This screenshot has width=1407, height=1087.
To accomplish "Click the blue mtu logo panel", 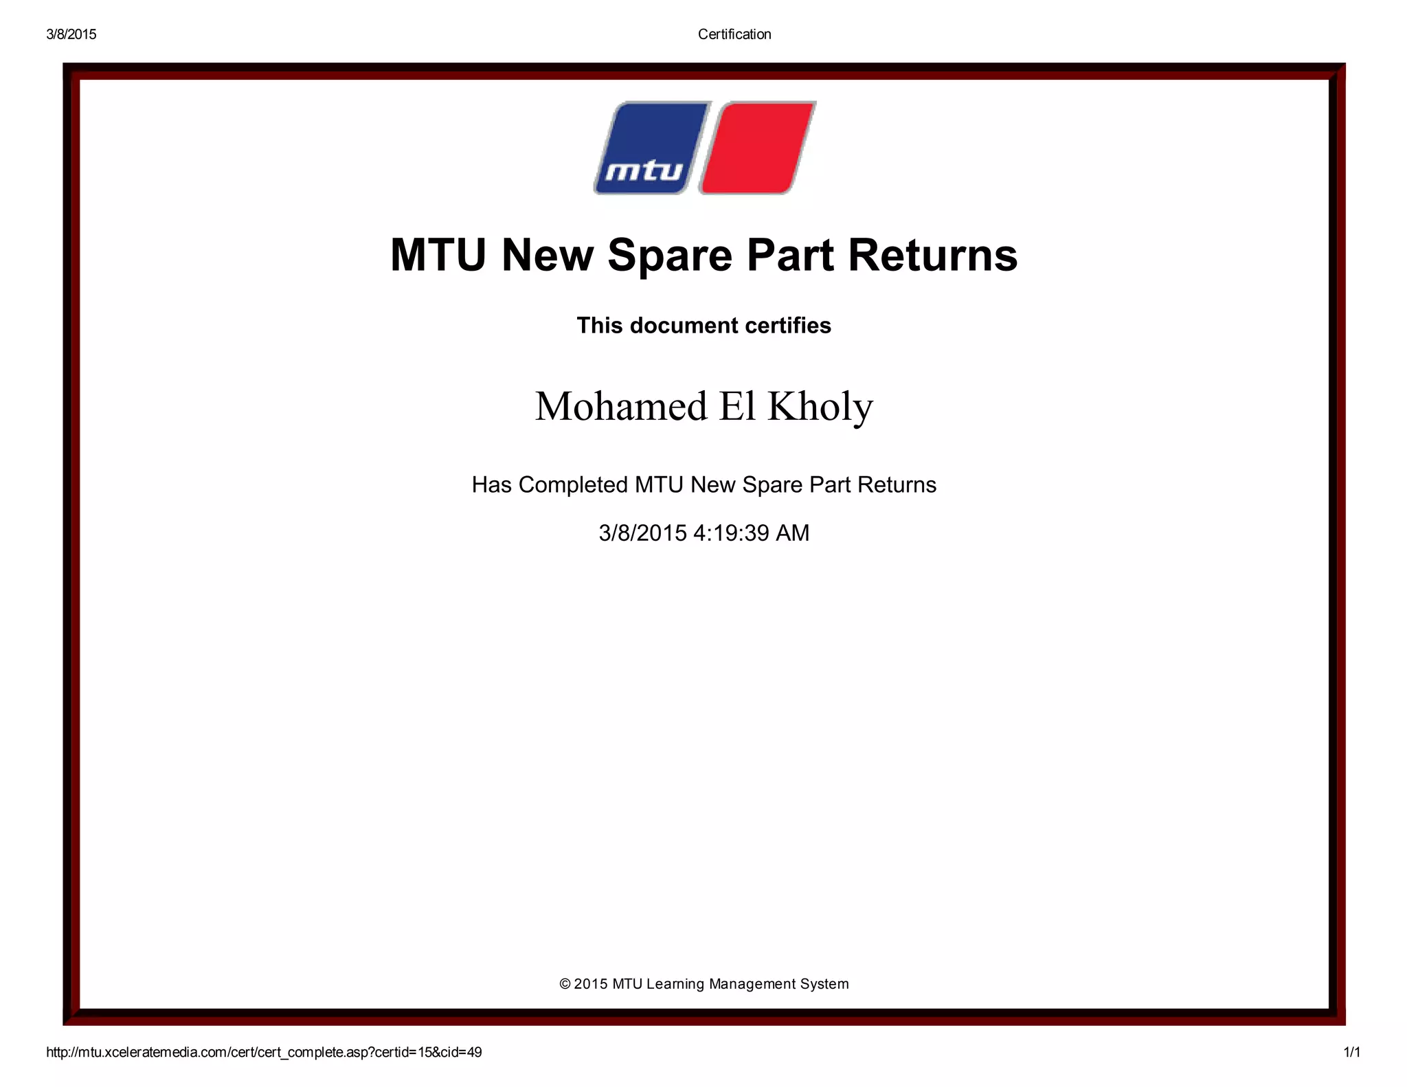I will pyautogui.click(x=651, y=148).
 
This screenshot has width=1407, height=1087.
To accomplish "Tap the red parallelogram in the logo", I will pyautogui.click(x=757, y=148).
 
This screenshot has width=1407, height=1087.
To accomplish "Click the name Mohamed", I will pyautogui.click(x=621, y=406).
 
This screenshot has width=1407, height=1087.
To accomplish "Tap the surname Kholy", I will pyautogui.click(x=820, y=406).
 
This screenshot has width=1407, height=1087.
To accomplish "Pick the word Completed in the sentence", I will pyautogui.click(x=573, y=485).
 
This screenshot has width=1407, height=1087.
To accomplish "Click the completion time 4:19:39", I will pyautogui.click(x=731, y=533).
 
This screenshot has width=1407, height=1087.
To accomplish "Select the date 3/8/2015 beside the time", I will pyautogui.click(x=642, y=533).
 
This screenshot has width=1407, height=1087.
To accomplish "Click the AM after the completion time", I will pyautogui.click(x=792, y=533).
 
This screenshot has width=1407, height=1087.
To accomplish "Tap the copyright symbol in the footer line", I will pyautogui.click(x=565, y=984).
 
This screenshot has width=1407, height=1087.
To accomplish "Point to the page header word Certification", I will pyautogui.click(x=734, y=34).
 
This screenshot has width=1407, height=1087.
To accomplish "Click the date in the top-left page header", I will pyautogui.click(x=71, y=34).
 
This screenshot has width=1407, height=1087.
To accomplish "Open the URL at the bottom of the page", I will pyautogui.click(x=264, y=1052).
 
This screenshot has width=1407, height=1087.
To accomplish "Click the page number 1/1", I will pyautogui.click(x=1351, y=1052).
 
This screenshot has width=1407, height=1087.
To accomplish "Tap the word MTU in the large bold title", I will pyautogui.click(x=438, y=256).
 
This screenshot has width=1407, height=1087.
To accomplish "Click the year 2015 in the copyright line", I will pyautogui.click(x=591, y=984).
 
